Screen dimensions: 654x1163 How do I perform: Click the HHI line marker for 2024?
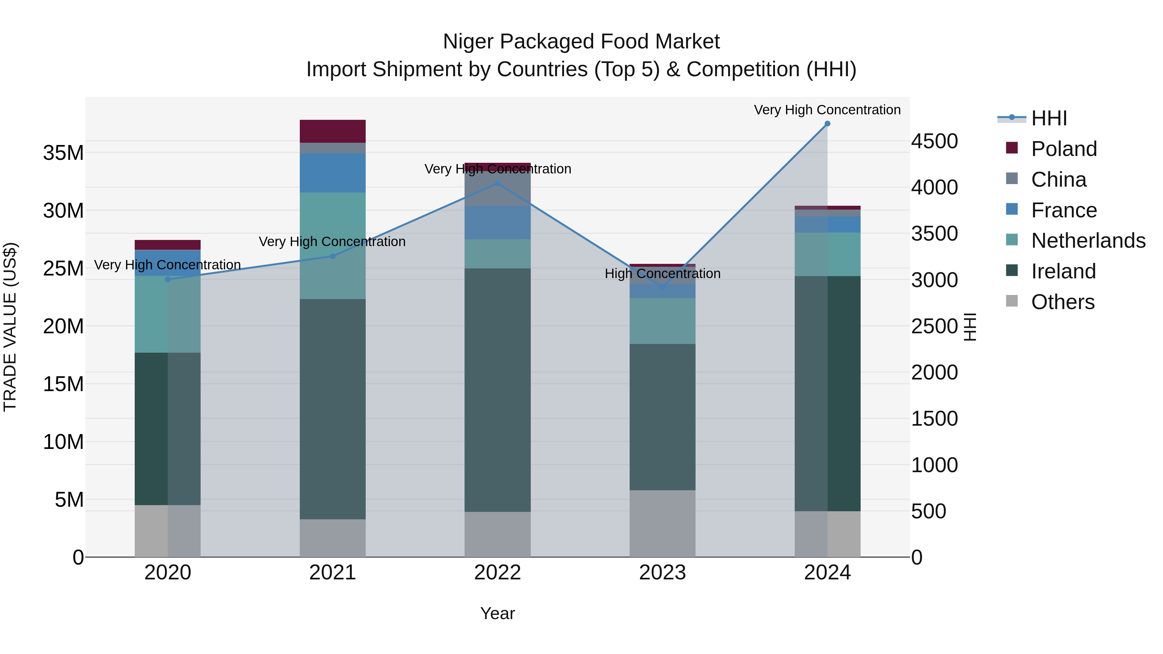pos(827,124)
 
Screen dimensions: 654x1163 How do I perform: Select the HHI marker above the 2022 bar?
pos(498,183)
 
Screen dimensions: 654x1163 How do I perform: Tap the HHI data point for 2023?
pos(662,287)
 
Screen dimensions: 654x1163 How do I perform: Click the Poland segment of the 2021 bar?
pos(333,131)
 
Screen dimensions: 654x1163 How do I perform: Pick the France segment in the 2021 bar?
pos(333,173)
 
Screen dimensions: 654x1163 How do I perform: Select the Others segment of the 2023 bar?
pos(662,524)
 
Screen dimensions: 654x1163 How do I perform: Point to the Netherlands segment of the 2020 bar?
pos(167,314)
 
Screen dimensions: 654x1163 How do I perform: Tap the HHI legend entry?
pos(1048,118)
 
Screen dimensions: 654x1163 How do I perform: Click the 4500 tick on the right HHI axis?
pos(934,141)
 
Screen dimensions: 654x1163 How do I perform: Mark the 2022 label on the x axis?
pos(498,573)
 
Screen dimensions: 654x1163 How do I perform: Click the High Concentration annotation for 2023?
pos(662,274)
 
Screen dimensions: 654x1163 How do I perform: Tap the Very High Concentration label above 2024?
pos(827,110)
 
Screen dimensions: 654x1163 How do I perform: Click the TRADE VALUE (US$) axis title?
pos(10,327)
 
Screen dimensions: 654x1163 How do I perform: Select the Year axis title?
pos(498,613)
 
